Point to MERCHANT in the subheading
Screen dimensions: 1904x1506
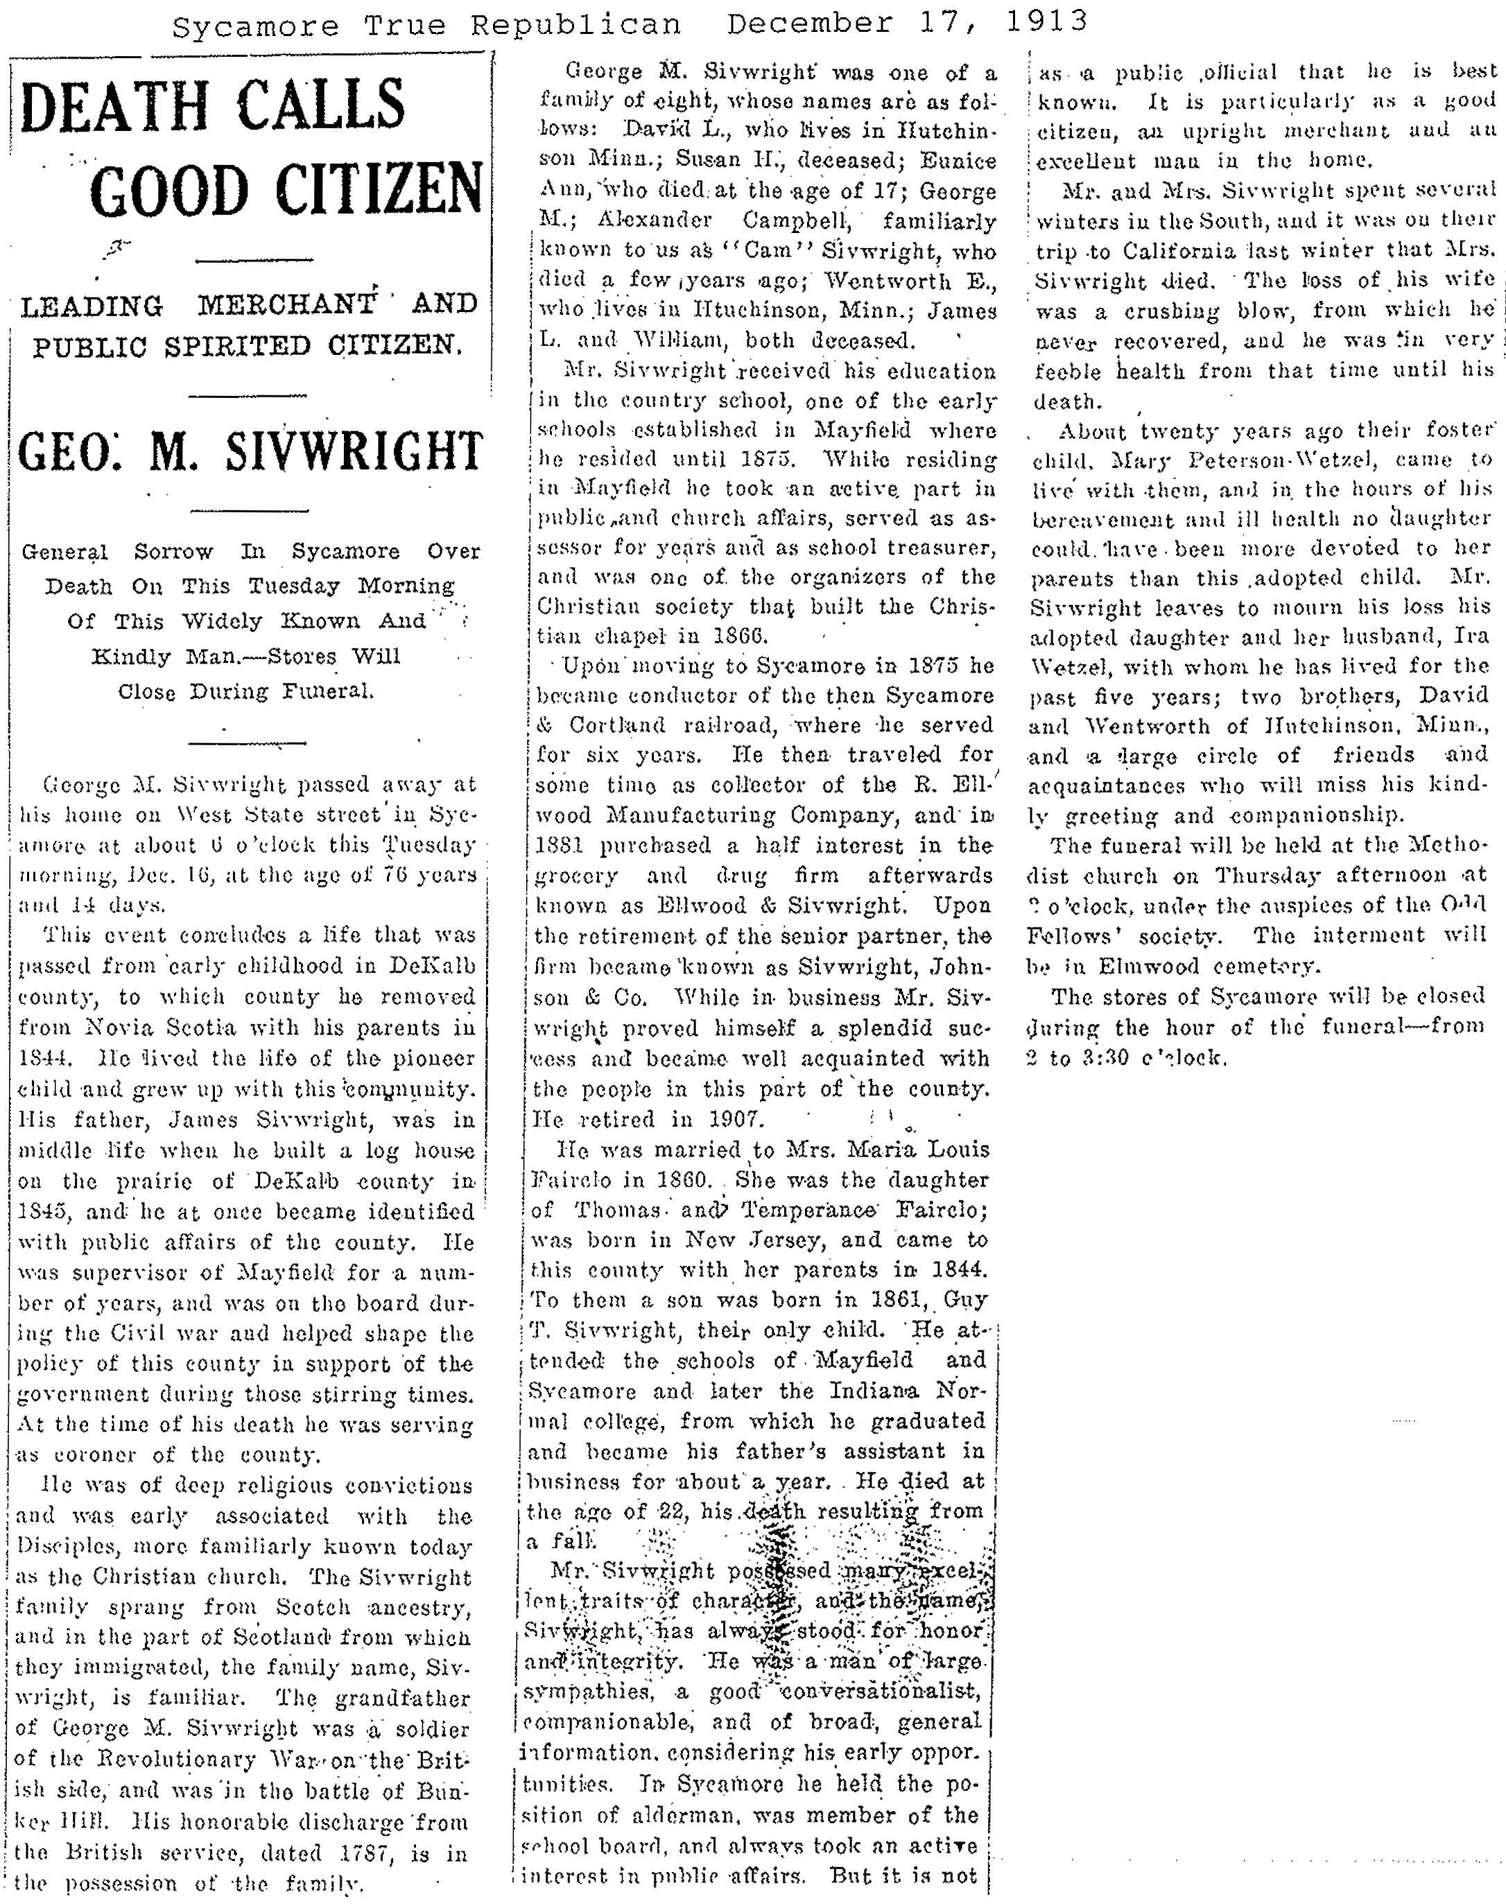288,305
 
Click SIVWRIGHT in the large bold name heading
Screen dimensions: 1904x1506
354,451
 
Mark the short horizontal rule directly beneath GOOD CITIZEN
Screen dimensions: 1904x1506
254,259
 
